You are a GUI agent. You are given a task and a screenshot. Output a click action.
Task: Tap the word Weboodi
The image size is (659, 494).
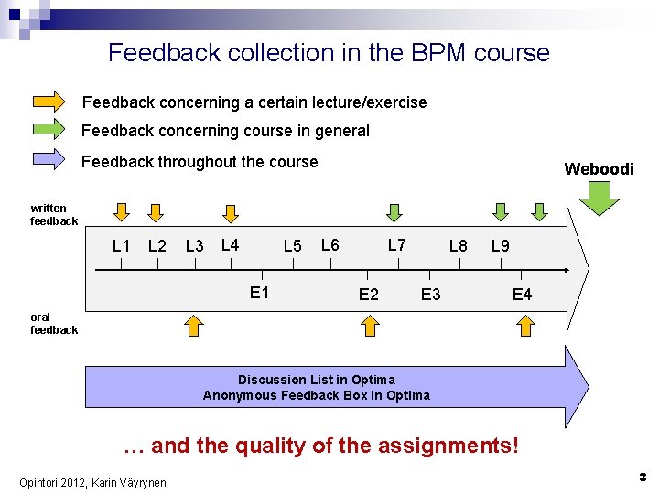coord(599,169)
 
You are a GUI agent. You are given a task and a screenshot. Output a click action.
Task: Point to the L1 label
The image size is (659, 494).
coord(121,246)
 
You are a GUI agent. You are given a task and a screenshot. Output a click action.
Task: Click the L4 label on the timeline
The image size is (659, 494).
coord(231,245)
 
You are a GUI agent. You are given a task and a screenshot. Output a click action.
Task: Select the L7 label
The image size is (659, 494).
coord(397,245)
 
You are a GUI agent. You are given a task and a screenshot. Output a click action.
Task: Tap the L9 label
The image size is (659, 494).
coord(501,246)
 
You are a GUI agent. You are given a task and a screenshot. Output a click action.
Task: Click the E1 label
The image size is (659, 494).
coord(260,293)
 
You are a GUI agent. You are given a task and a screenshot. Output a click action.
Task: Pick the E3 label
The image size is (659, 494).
coord(430,295)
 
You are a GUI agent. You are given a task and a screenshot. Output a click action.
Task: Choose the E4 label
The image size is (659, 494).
coord(522,295)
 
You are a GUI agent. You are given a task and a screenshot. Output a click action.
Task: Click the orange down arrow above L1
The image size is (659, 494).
coord(121,212)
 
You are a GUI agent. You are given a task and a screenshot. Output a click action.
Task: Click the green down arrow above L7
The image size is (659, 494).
coord(394,212)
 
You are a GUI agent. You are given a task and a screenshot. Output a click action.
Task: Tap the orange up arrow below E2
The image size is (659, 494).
coord(369,326)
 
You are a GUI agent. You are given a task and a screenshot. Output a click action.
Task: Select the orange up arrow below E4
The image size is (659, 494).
coord(525,326)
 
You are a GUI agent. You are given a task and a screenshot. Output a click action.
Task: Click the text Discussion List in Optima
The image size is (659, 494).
coord(317,380)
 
